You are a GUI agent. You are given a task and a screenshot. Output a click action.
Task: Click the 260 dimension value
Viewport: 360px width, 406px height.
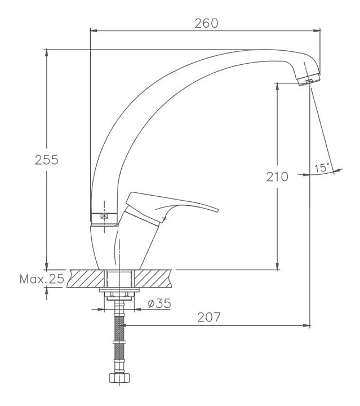tap(206, 23)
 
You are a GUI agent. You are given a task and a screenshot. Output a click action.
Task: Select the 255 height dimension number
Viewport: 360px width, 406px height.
tap(47, 160)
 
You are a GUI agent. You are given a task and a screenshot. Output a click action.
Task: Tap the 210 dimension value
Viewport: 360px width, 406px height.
tap(277, 177)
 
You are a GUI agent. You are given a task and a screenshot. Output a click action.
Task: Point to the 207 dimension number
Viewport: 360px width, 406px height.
tap(209, 317)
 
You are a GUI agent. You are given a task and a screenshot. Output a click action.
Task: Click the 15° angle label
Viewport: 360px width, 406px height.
tap(322, 168)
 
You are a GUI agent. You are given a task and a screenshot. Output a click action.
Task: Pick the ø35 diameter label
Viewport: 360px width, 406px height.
tap(159, 303)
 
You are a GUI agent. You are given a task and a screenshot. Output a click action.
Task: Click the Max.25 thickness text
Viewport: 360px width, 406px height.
tap(42, 279)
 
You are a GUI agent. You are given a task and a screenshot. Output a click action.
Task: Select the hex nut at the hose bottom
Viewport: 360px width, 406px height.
tap(119, 378)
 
